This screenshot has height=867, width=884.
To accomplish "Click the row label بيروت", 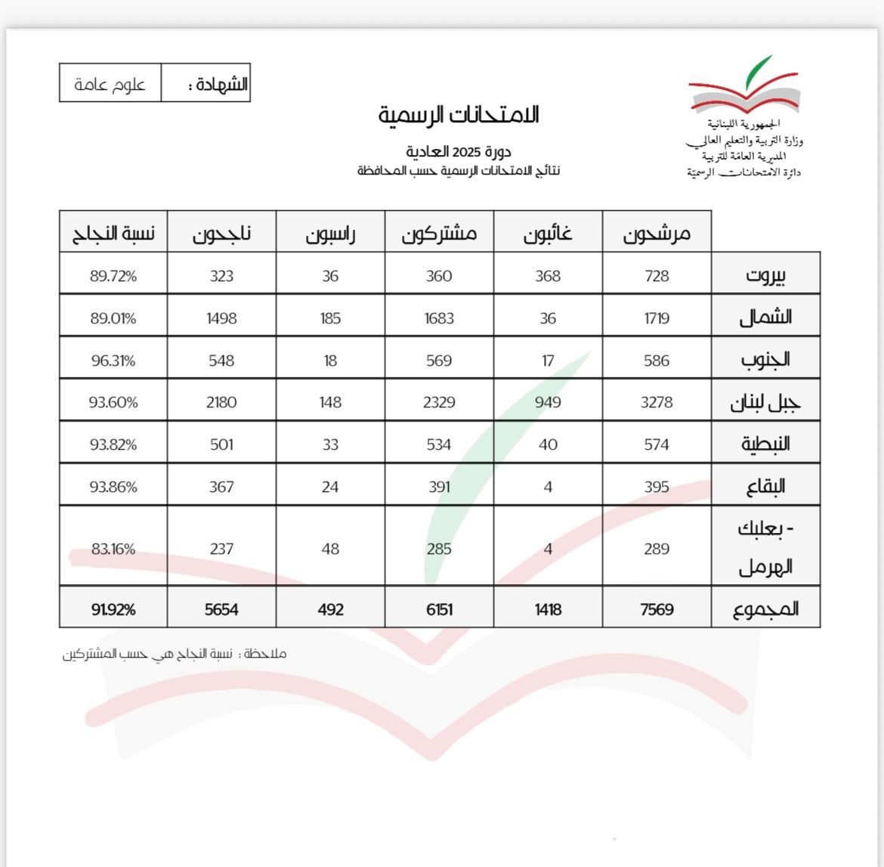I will pos(765,274).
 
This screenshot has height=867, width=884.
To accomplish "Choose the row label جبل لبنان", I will pos(765,402).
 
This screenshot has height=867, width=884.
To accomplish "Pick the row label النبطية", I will pos(765,444).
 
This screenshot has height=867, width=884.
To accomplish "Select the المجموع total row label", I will pos(765,608).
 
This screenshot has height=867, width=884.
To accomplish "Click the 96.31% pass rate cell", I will pos(113,361).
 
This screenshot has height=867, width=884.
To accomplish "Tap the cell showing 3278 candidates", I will pos(657,402).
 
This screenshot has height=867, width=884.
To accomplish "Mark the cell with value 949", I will pos(548,402).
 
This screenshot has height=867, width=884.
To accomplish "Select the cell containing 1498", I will pos(221,318).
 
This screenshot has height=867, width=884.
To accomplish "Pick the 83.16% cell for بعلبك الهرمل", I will pos(113,549).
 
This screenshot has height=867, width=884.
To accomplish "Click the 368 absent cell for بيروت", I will pos(548,276).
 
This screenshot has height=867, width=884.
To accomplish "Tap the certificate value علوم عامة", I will pos(110,84).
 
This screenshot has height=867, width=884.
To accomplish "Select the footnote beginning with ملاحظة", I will pos(175,654).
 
